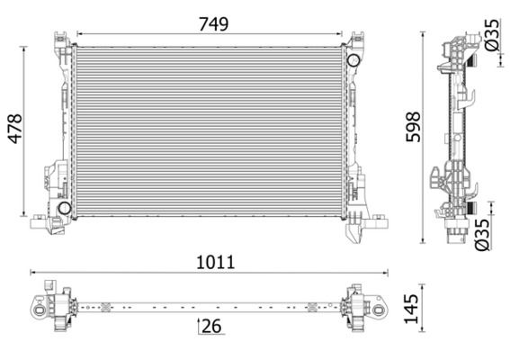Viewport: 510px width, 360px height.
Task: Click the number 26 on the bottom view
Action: click(211, 327)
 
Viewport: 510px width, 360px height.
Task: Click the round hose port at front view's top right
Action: click(353, 60)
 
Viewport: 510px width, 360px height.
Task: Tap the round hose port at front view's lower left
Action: click(64, 209)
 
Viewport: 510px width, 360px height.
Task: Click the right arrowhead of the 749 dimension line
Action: click(342, 36)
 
